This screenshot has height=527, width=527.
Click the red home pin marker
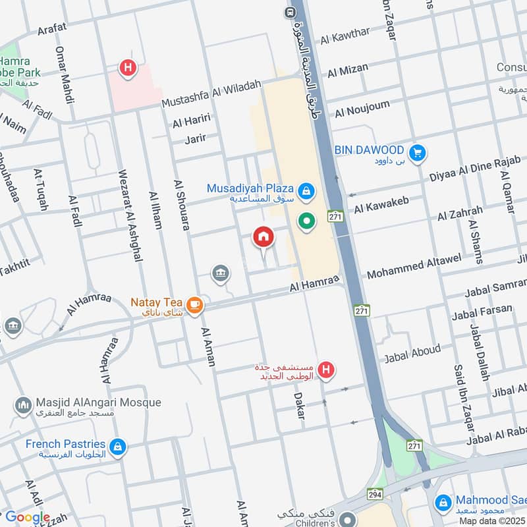(263, 236)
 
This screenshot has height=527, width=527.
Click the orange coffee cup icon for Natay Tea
(194, 304)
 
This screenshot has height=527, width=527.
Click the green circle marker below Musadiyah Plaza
(306, 221)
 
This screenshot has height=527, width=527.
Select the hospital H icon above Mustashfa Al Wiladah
(127, 67)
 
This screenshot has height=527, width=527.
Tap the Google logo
(28, 518)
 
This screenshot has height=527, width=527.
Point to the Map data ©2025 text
(492, 521)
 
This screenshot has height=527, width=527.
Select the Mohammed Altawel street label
(414, 266)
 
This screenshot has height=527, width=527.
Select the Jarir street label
(195, 138)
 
